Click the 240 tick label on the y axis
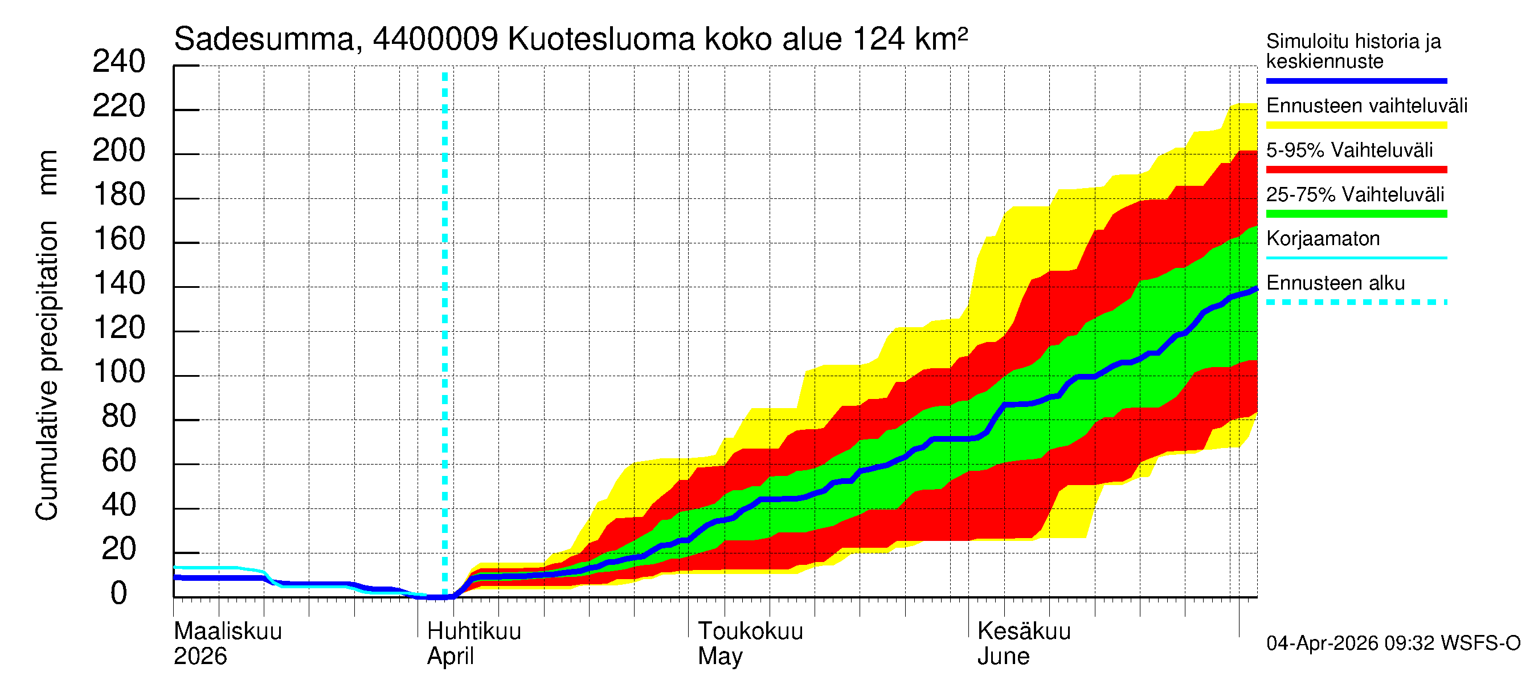[x=118, y=62]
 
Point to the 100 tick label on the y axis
[x=120, y=372]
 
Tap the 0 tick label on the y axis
[x=119, y=594]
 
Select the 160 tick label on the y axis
[x=120, y=239]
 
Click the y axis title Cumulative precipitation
[x=47, y=370]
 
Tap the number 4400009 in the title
[x=435, y=39]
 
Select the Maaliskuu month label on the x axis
[x=227, y=632]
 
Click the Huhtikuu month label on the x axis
[x=474, y=632]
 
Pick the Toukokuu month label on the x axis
[x=751, y=632]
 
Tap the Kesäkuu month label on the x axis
[x=1024, y=632]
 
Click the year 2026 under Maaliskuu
[x=200, y=657]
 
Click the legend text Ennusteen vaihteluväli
[x=1366, y=106]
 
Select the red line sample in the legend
[x=1356, y=170]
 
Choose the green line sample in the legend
[x=1356, y=214]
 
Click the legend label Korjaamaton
[x=1323, y=239]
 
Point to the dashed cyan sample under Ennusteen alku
[x=1356, y=302]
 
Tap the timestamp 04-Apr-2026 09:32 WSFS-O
[x=1393, y=644]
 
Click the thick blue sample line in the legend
[x=1356, y=80]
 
